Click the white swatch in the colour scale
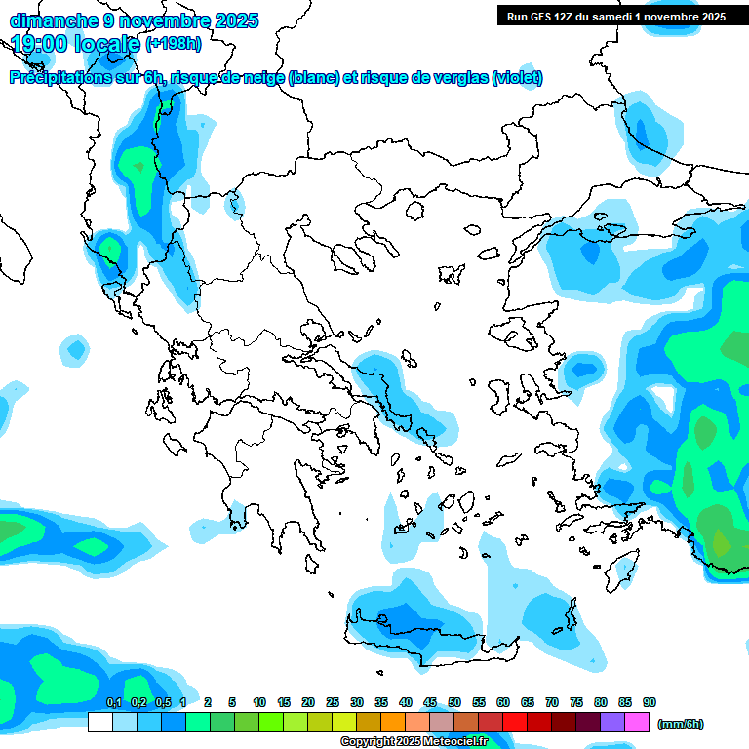(x=99, y=722)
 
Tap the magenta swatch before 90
(x=637, y=722)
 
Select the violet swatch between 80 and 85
(x=612, y=722)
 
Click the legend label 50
(x=454, y=703)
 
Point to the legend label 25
(x=333, y=703)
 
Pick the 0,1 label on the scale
(x=113, y=703)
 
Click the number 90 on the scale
(x=650, y=703)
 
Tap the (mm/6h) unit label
(x=680, y=724)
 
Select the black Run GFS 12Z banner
(x=615, y=16)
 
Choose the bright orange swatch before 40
(x=393, y=722)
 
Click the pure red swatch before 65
(x=515, y=722)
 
